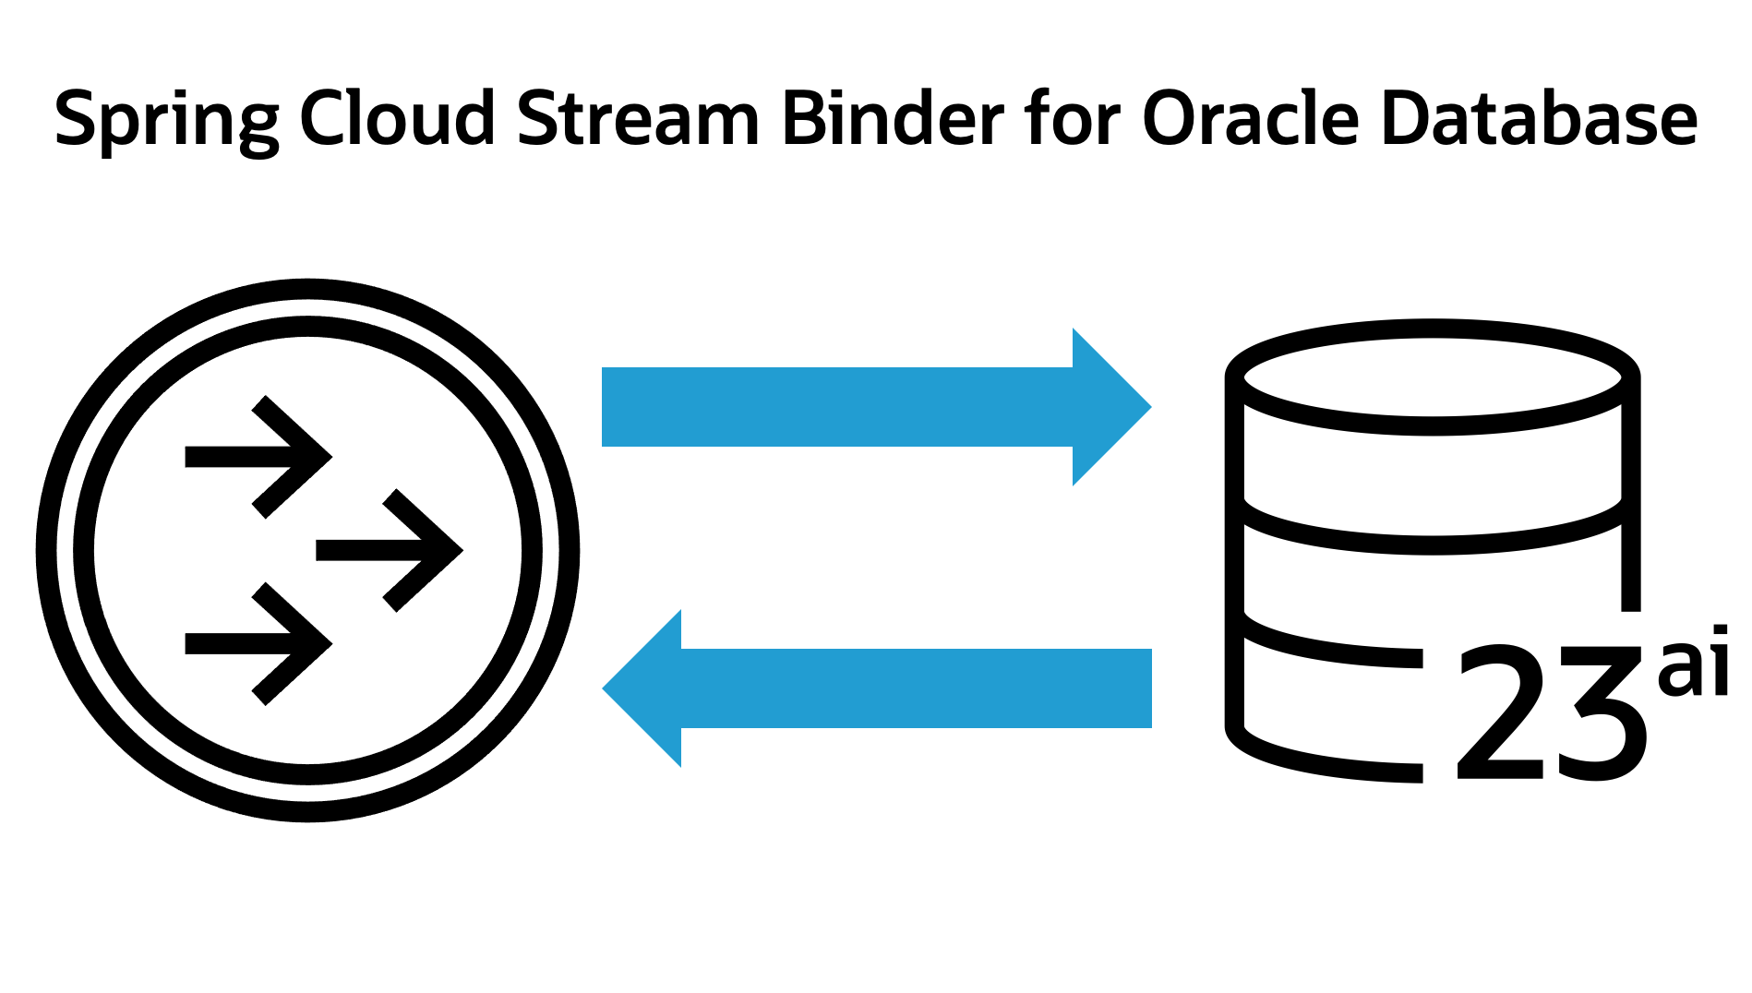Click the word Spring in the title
(x=166, y=120)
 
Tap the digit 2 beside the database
(x=1500, y=712)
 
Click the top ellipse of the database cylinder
(x=1433, y=377)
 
